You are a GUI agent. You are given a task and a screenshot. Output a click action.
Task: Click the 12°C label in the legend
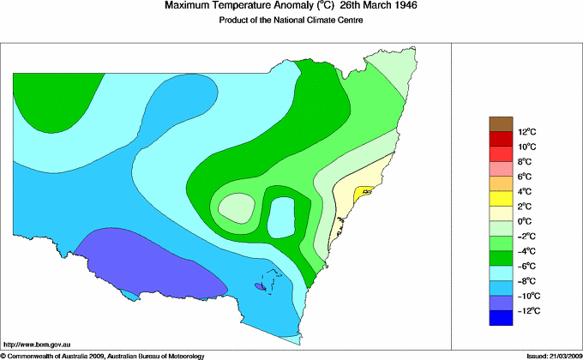coord(526,131)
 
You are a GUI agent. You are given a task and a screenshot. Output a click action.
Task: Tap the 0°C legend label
coord(526,221)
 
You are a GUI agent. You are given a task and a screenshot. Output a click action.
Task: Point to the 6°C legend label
coord(526,177)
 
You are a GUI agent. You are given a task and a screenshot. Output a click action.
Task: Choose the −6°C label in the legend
coord(526,266)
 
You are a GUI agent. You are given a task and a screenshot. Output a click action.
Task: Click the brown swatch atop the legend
coord(501,124)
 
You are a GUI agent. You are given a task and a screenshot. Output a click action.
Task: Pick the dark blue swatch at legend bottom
coord(501,318)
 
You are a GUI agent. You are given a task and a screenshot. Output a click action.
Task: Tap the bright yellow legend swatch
coord(501,199)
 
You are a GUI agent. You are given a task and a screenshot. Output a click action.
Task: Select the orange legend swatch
coord(501,184)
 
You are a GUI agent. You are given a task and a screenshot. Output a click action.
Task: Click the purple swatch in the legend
coord(501,303)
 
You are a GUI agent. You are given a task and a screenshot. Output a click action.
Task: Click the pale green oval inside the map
coord(236,207)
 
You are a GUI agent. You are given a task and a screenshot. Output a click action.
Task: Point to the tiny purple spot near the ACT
coord(260,287)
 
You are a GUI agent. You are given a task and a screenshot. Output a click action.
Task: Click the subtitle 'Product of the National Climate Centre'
coord(291,20)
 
